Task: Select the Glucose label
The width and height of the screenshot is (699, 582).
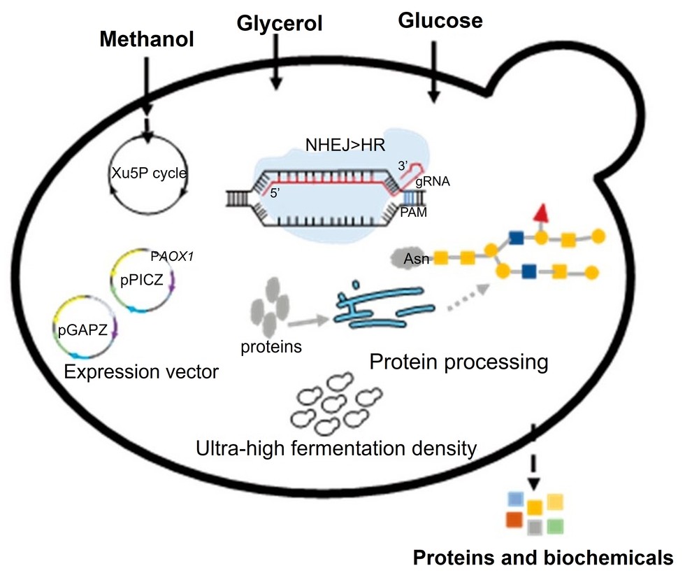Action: click(x=440, y=20)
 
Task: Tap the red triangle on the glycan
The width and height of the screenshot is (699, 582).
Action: click(x=540, y=214)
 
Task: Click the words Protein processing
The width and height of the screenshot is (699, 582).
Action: click(x=458, y=362)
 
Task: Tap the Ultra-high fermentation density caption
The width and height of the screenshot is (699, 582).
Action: click(x=336, y=447)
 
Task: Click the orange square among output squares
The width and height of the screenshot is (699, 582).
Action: click(x=514, y=520)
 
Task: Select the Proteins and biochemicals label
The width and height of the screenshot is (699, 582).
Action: click(x=543, y=558)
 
